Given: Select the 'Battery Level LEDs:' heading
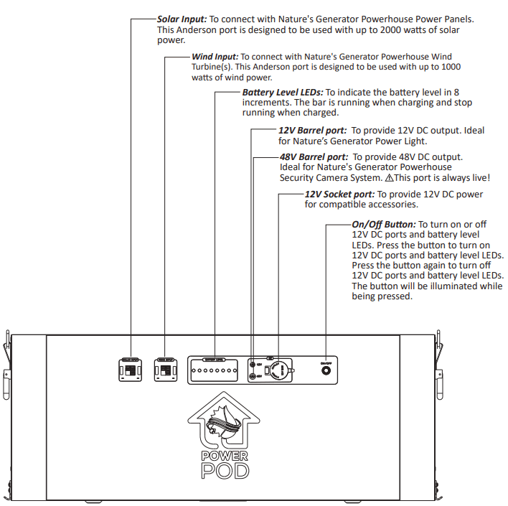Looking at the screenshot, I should click(x=283, y=92).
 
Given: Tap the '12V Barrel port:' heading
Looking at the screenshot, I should click(x=312, y=131).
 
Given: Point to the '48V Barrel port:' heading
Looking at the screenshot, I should click(x=314, y=156).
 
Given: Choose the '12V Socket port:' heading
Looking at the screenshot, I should click(x=339, y=194).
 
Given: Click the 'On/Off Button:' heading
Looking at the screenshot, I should click(x=384, y=225).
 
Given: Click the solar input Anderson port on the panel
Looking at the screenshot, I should click(x=131, y=370).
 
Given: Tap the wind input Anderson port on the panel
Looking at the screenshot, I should click(x=166, y=370).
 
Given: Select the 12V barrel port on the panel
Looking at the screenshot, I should click(x=252, y=365).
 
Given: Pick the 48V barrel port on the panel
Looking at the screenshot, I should click(x=252, y=377).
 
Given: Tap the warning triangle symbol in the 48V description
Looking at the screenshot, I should click(x=390, y=177).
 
